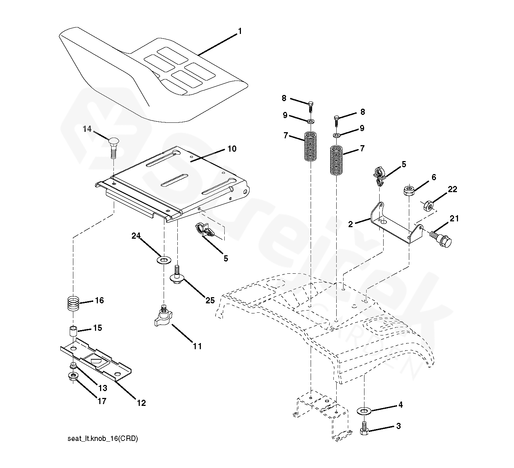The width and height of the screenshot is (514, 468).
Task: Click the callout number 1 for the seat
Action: pyautogui.click(x=239, y=31)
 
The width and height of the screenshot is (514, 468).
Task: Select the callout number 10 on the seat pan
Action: pyautogui.click(x=232, y=149)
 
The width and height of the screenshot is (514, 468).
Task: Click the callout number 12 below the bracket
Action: pyautogui.click(x=141, y=403)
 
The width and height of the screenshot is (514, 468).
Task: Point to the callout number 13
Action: pyautogui.click(x=103, y=388)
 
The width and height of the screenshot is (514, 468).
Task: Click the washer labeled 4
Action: pyautogui.click(x=364, y=411)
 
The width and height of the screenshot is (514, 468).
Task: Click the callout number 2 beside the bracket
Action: pyautogui.click(x=350, y=224)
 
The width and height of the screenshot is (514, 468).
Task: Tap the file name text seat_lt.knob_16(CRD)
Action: pyautogui.click(x=103, y=439)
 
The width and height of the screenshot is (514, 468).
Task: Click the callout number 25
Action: pyautogui.click(x=210, y=300)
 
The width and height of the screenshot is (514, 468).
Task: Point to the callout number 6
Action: pyautogui.click(x=433, y=177)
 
